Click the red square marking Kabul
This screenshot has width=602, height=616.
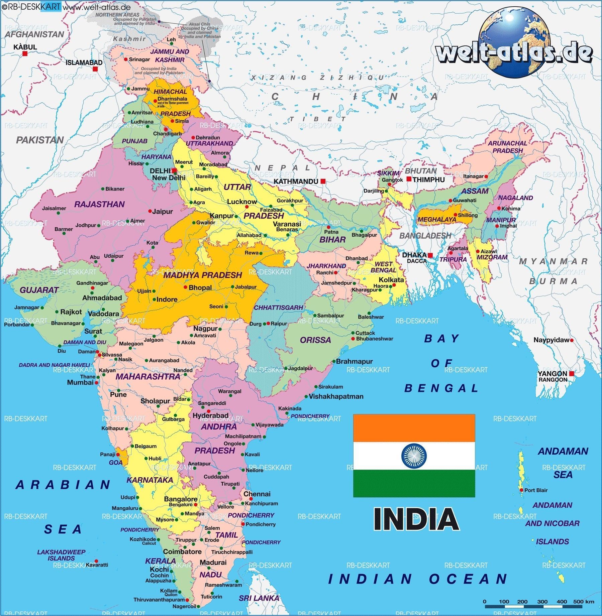pyautogui.click(x=25, y=53)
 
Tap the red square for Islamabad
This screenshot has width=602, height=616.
pyautogui.click(x=95, y=69)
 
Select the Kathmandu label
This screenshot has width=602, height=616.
pyautogui.click(x=296, y=181)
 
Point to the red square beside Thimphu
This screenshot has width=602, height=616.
pyautogui.click(x=409, y=179)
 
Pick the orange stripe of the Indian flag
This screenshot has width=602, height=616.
pyautogui.click(x=414, y=428)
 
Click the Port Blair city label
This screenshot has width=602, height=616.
pyautogui.click(x=536, y=490)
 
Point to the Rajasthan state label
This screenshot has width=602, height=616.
pyautogui.click(x=99, y=204)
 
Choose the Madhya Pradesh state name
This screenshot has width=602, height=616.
pyautogui.click(x=202, y=275)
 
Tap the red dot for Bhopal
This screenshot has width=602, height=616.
pyautogui.click(x=185, y=287)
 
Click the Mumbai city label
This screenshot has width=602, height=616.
pyautogui.click(x=80, y=382)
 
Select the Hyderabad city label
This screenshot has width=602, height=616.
pyautogui.click(x=210, y=415)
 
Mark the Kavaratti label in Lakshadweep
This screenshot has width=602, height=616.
pyautogui.click(x=97, y=565)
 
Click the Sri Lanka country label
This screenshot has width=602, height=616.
pyautogui.click(x=259, y=598)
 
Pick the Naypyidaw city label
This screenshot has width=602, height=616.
pyautogui.click(x=551, y=340)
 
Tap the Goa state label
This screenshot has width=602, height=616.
pyautogui.click(x=115, y=463)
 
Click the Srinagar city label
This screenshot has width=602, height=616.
pyautogui.click(x=139, y=59)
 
